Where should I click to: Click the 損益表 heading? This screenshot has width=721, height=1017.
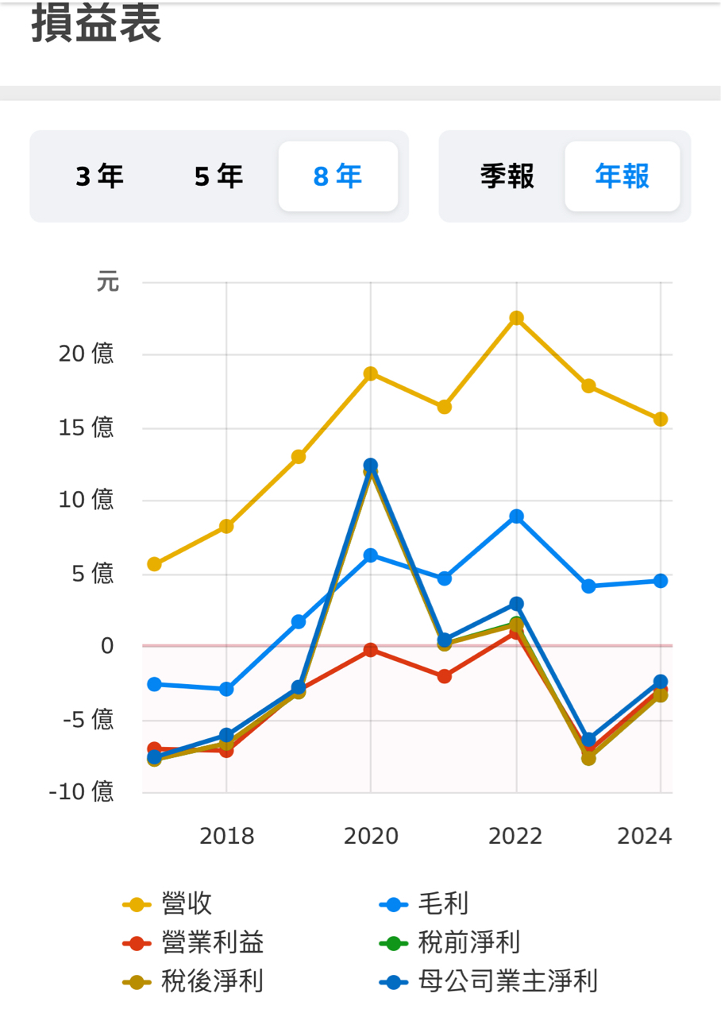click(96, 24)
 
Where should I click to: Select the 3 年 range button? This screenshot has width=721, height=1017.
click(100, 176)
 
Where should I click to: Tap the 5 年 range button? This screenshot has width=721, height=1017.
click(218, 176)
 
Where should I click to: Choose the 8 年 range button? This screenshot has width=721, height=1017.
click(337, 176)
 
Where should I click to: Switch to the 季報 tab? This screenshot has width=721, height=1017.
click(507, 176)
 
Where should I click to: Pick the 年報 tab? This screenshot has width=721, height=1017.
click(623, 176)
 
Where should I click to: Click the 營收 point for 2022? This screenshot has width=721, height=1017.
click(516, 318)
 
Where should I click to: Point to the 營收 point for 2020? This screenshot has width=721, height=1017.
click(370, 373)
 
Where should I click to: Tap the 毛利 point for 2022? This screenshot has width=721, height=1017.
click(516, 516)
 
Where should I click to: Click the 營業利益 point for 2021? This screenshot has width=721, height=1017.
click(445, 676)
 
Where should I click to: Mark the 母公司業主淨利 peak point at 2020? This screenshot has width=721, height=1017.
click(370, 466)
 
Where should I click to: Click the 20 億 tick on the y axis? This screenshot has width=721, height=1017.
click(86, 354)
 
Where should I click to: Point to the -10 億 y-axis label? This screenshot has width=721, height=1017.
click(81, 792)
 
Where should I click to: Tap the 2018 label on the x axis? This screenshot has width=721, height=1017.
click(226, 836)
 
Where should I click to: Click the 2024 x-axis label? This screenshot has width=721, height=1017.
click(644, 836)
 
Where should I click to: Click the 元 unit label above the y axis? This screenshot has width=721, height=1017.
click(107, 282)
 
